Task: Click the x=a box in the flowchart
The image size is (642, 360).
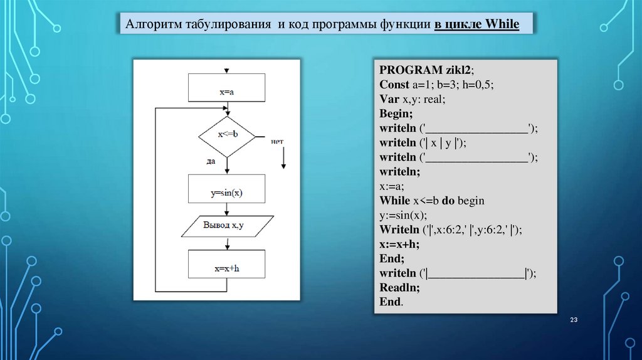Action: click(x=226, y=88)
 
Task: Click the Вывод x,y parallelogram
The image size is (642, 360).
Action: click(x=227, y=225)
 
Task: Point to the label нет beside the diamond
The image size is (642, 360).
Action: click(x=278, y=141)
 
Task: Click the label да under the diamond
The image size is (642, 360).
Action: click(x=211, y=161)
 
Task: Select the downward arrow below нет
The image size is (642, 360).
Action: click(x=283, y=159)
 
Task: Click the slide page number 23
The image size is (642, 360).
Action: click(x=573, y=320)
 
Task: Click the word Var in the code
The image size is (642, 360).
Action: click(x=389, y=98)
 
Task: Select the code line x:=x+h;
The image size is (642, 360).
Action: click(x=399, y=244)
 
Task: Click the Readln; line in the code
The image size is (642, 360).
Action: click(x=399, y=287)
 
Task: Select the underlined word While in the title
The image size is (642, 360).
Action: click(x=502, y=25)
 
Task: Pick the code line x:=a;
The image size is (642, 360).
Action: click(x=392, y=186)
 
